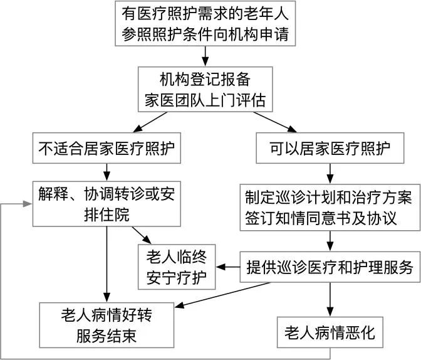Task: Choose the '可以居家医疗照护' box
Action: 330,149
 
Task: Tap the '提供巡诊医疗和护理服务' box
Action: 330,267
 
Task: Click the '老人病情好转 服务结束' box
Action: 107,324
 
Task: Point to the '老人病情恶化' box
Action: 330,332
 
